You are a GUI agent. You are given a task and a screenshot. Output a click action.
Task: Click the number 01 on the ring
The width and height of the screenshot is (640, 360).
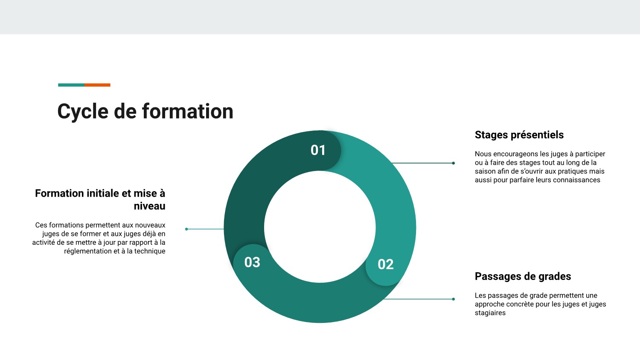coord(318,150)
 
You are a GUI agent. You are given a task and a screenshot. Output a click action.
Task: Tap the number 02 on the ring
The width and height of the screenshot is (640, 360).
coord(386,264)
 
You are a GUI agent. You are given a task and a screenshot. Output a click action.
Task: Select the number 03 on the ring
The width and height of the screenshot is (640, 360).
coord(252,262)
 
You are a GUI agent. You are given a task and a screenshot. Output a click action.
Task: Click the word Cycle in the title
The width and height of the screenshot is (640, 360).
coord(83,112)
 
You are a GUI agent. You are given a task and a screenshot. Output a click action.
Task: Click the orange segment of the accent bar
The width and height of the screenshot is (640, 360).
coord(97,85)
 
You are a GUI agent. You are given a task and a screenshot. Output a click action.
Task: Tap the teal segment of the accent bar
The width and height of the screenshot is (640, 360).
coord(71,85)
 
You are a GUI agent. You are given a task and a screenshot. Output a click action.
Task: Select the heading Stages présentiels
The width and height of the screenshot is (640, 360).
coord(519,135)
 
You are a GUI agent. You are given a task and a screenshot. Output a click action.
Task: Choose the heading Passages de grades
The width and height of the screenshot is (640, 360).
coord(523,276)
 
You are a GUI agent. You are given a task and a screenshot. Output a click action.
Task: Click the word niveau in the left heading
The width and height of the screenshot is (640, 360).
coord(150,206)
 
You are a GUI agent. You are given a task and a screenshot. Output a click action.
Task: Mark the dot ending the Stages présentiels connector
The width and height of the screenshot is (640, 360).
coord(454,163)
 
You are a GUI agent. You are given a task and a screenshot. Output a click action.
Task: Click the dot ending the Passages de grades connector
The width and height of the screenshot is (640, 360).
coord(454,299)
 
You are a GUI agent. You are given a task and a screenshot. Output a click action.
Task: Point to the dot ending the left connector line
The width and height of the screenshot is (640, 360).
coord(186,229)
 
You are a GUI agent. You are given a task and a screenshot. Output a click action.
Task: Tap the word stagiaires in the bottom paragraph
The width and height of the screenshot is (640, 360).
coord(490,313)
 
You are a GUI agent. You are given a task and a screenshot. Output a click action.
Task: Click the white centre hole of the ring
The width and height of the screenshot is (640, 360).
coord(320,227)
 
